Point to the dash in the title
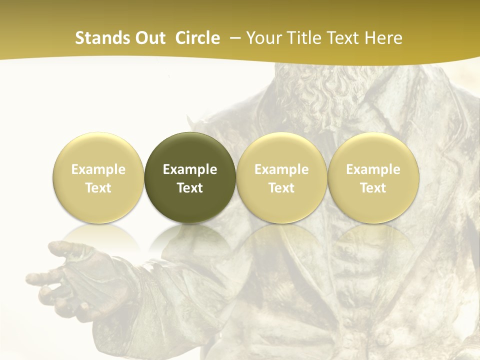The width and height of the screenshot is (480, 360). click(x=233, y=38)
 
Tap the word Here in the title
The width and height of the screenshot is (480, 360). click(x=383, y=38)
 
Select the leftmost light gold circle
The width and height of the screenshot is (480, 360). click(x=98, y=178)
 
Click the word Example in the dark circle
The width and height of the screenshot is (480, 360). click(x=190, y=170)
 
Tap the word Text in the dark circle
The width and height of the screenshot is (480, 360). click(x=190, y=188)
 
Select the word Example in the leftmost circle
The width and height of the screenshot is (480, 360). click(x=98, y=170)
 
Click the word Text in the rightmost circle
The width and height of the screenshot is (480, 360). click(x=373, y=188)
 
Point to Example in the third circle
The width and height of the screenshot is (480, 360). click(x=281, y=170)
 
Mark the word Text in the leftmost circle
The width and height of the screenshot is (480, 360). click(x=98, y=188)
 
